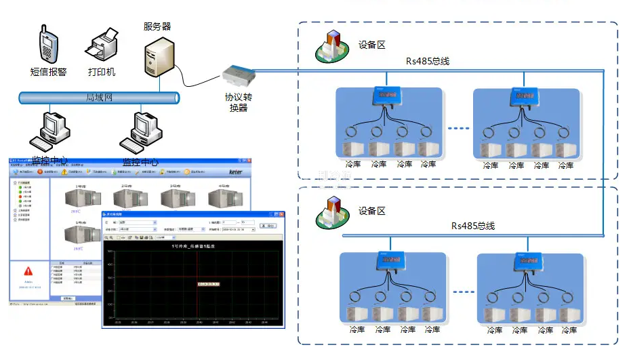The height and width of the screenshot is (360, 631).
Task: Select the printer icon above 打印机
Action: (102, 46)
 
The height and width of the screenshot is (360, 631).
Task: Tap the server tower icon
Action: (157, 56)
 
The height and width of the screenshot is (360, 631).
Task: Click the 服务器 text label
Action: (157, 26)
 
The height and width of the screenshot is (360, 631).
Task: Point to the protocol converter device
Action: (241, 74)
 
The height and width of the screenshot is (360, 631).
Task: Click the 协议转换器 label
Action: (238, 102)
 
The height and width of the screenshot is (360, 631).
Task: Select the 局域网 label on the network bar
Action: (99, 98)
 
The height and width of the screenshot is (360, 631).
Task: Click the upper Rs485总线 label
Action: (428, 61)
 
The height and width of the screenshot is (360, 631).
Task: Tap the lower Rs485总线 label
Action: (473, 226)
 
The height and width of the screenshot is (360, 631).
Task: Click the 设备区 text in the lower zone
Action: (371, 211)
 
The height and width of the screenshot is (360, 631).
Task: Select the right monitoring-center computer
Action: (140, 132)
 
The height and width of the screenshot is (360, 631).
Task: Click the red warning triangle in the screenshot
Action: (28, 271)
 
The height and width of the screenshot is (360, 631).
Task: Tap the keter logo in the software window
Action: (241, 172)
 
